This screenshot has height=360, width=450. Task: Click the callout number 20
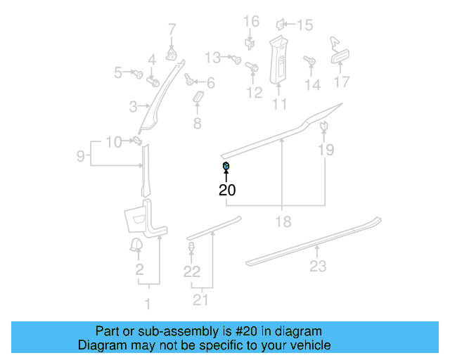tap(226, 190)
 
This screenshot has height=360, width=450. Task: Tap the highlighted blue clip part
tap(226, 166)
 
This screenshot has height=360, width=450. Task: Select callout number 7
tap(172, 29)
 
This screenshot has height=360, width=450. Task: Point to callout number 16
tap(251, 21)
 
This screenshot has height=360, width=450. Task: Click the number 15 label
tap(304, 26)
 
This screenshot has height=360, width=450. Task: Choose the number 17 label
tap(341, 82)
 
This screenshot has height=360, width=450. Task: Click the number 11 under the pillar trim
tap(280, 105)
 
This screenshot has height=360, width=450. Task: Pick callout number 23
tap(318, 266)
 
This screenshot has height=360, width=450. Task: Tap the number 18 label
tap(282, 222)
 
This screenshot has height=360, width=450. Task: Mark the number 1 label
tap(148, 304)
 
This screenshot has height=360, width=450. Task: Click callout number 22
tap(192, 271)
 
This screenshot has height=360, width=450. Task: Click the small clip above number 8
tap(197, 95)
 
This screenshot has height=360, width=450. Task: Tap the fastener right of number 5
tap(139, 72)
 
